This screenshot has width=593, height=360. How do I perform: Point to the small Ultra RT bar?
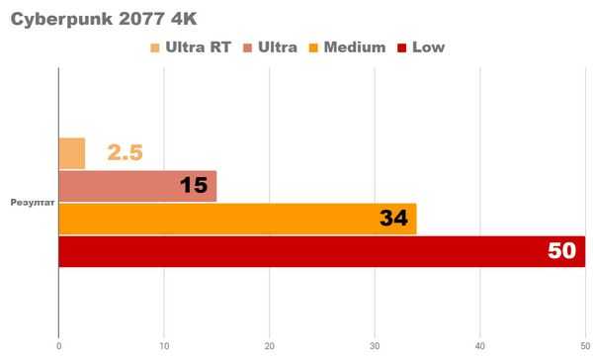(x=72, y=153)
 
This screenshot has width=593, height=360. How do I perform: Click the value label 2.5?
(x=126, y=153)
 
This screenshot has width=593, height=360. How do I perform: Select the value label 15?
(x=193, y=186)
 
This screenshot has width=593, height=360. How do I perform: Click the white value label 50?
(x=560, y=251)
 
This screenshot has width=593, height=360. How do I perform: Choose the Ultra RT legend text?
(x=198, y=46)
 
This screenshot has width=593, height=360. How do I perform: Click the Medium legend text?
(x=353, y=46)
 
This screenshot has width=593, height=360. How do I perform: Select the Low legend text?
(x=427, y=46)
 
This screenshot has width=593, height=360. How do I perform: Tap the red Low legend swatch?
(x=400, y=46)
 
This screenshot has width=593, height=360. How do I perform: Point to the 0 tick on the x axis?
(x=59, y=345)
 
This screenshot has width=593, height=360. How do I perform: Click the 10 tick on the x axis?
(x=164, y=345)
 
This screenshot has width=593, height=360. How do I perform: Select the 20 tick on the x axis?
(x=270, y=345)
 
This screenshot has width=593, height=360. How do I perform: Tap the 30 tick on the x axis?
(x=375, y=345)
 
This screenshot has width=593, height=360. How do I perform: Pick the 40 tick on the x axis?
(x=480, y=345)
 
